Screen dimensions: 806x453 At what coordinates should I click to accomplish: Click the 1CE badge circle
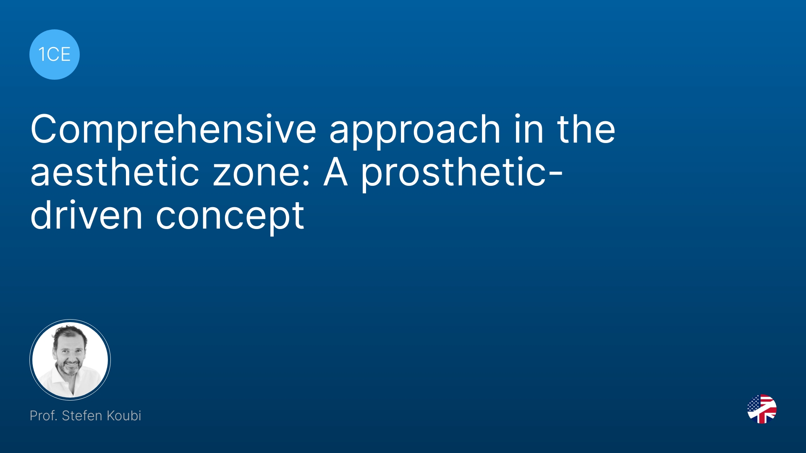coord(55,55)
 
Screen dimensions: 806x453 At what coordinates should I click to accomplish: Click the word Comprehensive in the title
coord(173,130)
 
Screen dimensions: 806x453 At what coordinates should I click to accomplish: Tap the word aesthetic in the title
coord(115,172)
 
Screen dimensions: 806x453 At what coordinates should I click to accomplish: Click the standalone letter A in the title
coord(336,172)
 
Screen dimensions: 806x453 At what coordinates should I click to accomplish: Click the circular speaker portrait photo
coord(70,360)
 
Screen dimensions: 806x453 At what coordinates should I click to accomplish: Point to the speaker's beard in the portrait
coord(69,367)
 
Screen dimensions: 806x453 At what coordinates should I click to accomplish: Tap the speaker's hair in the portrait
coord(69,331)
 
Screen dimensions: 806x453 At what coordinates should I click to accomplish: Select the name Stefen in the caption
coord(82,416)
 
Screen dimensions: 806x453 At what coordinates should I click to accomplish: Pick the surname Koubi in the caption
coord(124,416)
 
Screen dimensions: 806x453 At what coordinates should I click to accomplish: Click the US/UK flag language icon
coord(762,409)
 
